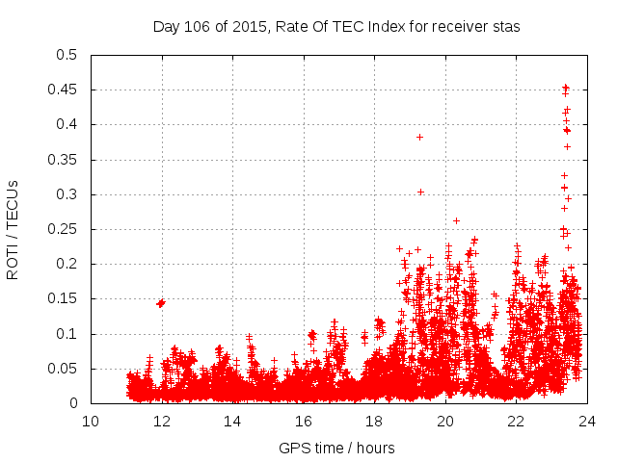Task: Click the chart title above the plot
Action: [x=336, y=27]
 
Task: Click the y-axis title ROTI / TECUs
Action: [x=13, y=228]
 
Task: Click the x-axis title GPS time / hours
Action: [x=336, y=448]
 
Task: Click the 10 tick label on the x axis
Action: [x=91, y=422]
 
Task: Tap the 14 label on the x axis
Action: [x=232, y=422]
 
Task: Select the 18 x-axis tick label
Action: [x=374, y=422]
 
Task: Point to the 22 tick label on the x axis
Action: [x=516, y=422]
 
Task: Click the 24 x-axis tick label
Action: [x=586, y=422]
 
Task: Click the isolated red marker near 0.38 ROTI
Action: [x=419, y=137]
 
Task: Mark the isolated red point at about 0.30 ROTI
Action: [x=420, y=192]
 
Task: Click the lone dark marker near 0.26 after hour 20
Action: [x=456, y=220]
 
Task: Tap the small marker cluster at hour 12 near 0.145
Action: [x=161, y=303]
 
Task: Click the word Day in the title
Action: [x=166, y=27]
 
